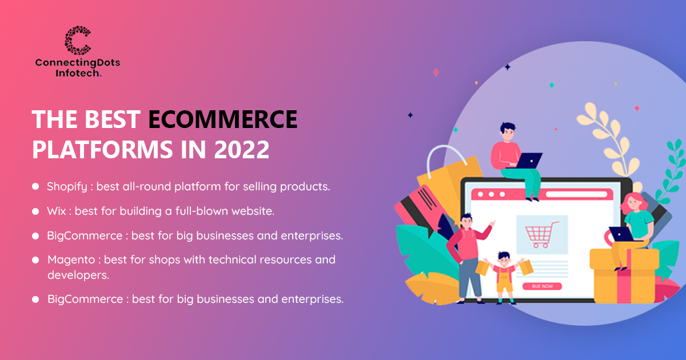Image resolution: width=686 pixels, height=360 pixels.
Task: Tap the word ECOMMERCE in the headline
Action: coord(222,119)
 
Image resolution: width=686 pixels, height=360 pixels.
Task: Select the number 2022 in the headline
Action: coord(242,149)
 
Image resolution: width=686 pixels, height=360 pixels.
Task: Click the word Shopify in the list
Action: coord(67,187)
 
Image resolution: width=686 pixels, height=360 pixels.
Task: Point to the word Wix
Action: coord(57,211)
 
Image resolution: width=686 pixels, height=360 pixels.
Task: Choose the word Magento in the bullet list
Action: coord(71,260)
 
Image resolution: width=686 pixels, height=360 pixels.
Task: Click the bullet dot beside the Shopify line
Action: coord(35,186)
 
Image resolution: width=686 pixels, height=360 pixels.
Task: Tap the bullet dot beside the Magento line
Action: coord(35,260)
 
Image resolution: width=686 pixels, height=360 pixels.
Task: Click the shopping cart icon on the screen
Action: coord(541,235)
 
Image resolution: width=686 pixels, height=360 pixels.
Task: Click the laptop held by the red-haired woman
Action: coord(621,234)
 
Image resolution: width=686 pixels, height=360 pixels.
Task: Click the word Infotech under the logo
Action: coord(78,73)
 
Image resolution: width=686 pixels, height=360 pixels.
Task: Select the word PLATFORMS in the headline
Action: coord(102,149)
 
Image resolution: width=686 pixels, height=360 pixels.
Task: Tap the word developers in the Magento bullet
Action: coord(78,275)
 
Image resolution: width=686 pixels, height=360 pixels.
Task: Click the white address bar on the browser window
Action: coord(576,194)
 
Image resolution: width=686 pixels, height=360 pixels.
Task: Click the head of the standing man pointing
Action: coord(466,221)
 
